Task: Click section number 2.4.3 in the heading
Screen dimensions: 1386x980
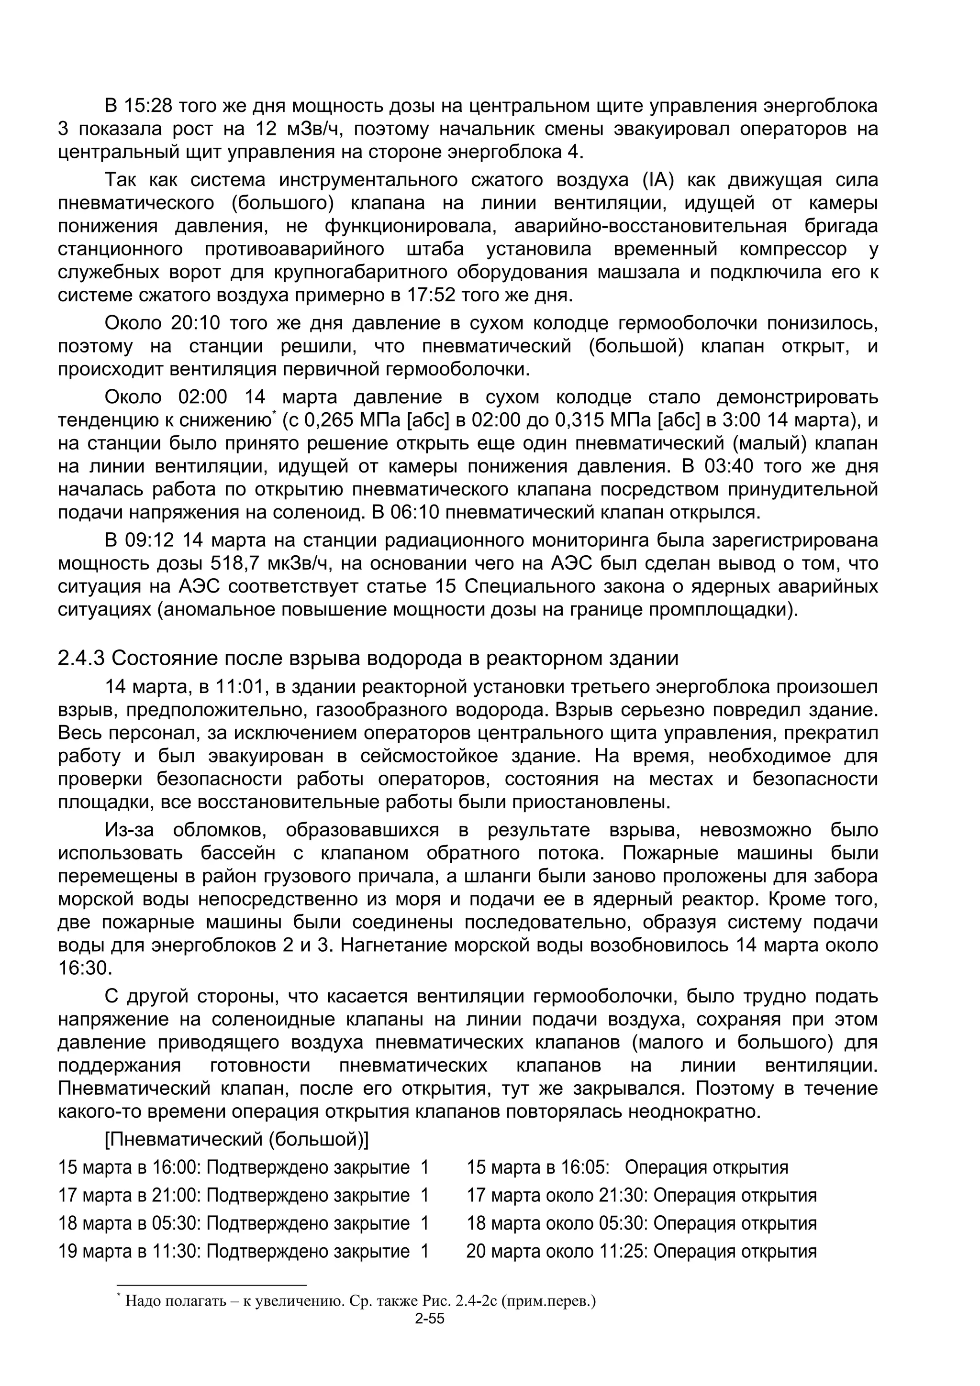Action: click(81, 658)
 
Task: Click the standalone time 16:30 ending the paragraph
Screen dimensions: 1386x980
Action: click(85, 968)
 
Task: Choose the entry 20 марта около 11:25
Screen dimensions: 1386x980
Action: click(640, 1252)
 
